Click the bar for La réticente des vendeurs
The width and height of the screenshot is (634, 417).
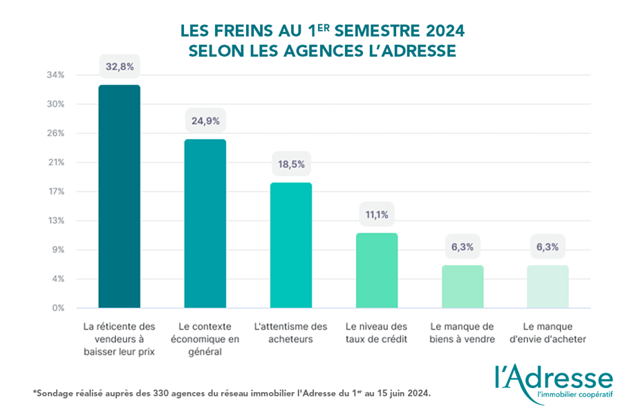click(119, 196)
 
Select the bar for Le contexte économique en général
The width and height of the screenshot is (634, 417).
click(205, 223)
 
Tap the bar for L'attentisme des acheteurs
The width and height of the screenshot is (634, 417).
click(290, 245)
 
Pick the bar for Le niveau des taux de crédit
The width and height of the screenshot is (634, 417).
click(377, 270)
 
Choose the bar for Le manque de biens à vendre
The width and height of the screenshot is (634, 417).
click(463, 286)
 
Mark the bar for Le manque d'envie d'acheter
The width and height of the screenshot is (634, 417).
click(548, 286)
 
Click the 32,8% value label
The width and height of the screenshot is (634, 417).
click(119, 67)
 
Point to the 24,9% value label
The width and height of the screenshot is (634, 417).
click(205, 121)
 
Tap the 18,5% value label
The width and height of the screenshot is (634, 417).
click(290, 165)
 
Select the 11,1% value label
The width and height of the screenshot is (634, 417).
click(377, 215)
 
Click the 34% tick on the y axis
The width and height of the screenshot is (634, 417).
click(55, 75)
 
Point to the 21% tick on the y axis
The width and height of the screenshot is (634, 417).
click(55, 163)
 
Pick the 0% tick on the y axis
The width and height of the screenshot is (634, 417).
click(57, 308)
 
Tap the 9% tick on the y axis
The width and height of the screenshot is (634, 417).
click(57, 250)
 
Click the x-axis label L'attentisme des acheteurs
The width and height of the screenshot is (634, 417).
click(290, 333)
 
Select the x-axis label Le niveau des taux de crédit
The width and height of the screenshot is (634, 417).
click(377, 333)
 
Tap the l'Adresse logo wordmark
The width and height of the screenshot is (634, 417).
click(553, 378)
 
